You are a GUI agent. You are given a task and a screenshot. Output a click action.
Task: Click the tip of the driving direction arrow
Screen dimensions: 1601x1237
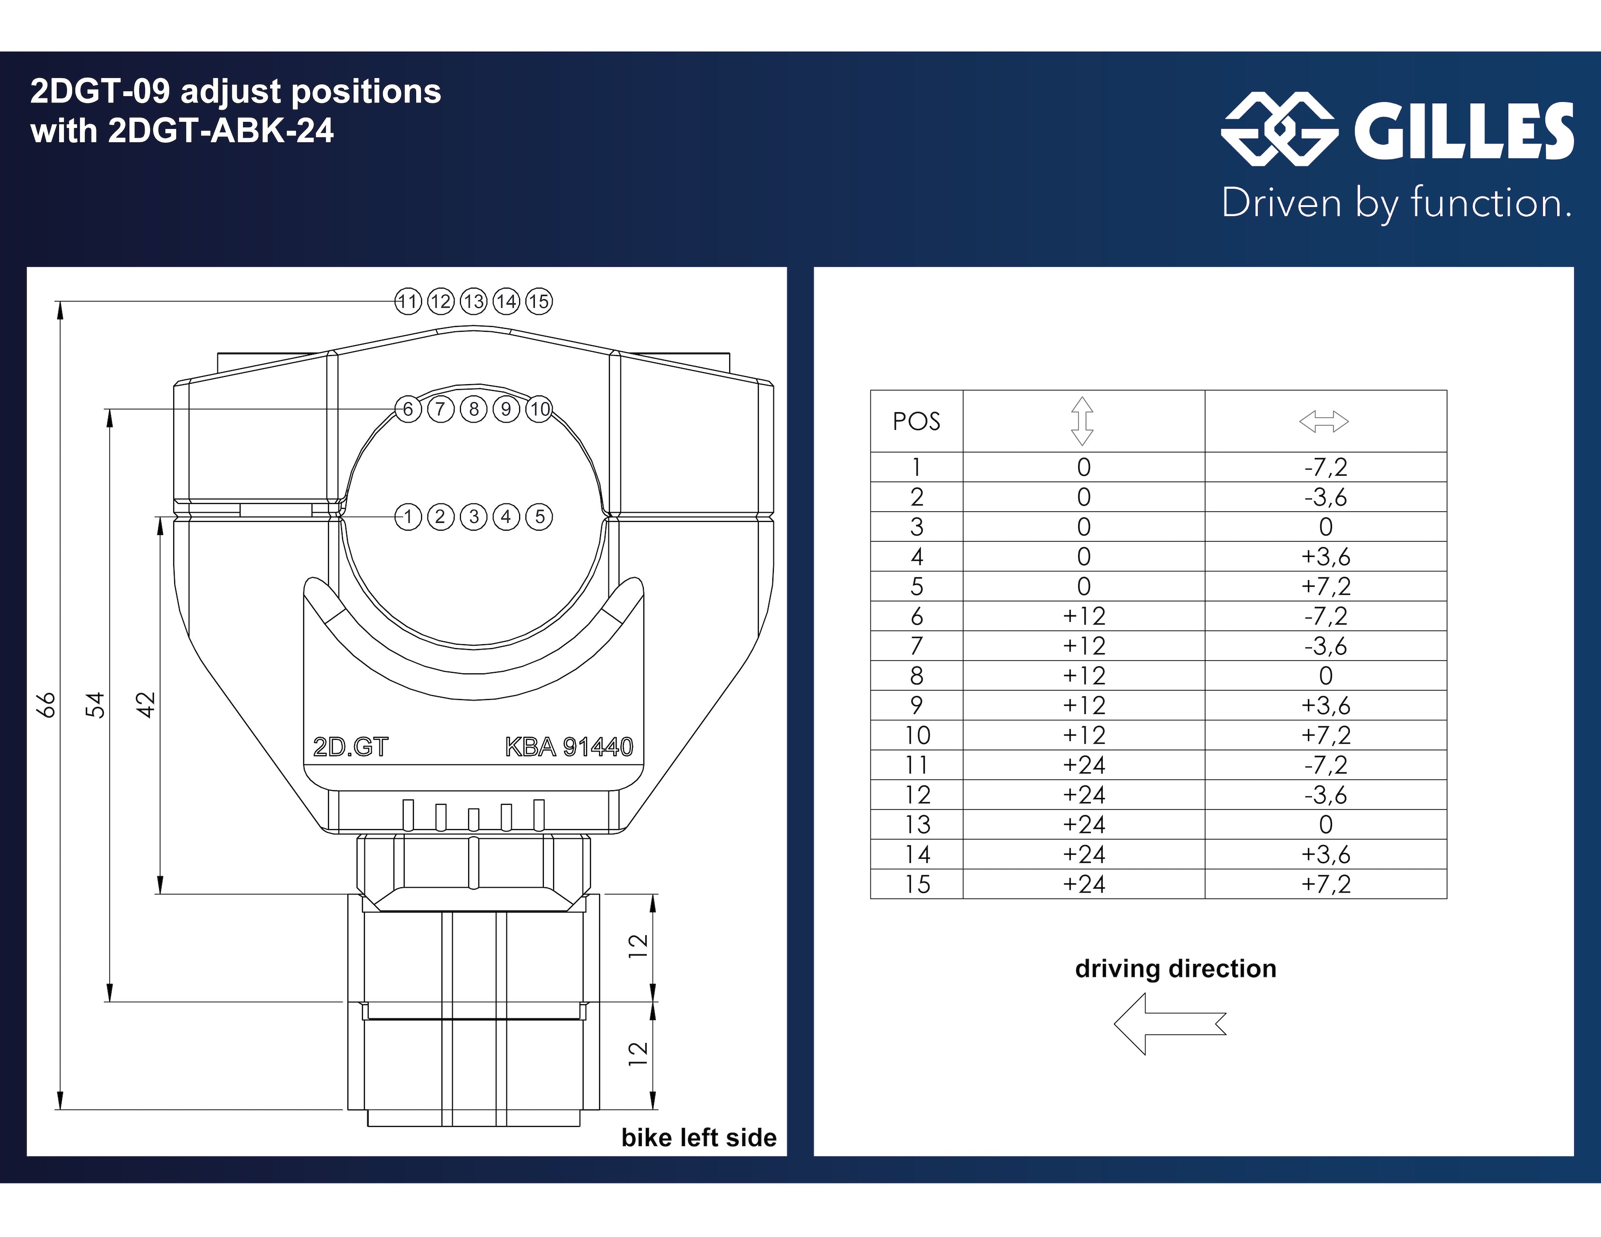[x=1114, y=1024]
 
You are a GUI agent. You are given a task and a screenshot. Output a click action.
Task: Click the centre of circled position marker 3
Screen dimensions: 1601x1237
[x=474, y=517]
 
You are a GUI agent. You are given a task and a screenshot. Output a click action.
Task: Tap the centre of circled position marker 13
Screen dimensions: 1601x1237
[x=474, y=301]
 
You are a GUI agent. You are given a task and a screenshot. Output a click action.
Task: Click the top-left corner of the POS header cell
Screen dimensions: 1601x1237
[x=871, y=391]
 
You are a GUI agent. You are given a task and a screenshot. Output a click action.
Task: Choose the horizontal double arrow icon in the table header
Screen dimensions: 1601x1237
[x=1324, y=422]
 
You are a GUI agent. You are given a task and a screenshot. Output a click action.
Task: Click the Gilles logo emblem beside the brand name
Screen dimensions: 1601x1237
[x=1279, y=129]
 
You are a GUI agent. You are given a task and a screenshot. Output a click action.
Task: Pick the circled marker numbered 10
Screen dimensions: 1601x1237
[x=539, y=409]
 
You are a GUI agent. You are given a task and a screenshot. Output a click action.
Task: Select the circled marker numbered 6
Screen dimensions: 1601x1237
[x=408, y=409]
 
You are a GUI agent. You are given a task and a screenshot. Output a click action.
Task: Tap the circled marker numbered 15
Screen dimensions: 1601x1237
[x=539, y=301]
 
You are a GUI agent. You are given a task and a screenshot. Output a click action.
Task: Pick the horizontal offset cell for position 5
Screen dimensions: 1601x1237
[x=1325, y=586]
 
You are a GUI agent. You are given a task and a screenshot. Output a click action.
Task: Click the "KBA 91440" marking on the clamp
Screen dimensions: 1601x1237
[x=569, y=747]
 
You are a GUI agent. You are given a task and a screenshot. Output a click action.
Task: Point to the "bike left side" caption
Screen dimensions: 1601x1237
[x=699, y=1138]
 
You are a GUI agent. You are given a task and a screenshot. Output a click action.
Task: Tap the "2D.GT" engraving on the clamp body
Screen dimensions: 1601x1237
[x=350, y=747]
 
